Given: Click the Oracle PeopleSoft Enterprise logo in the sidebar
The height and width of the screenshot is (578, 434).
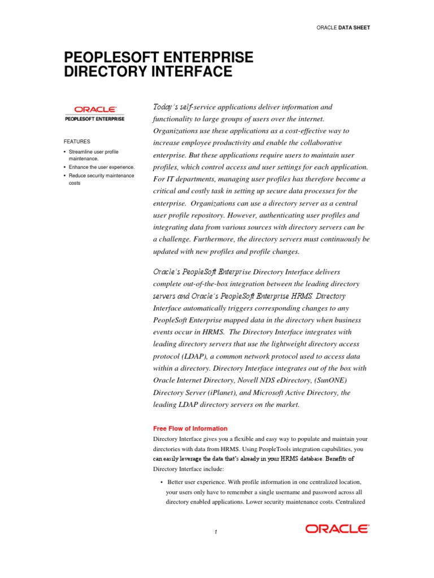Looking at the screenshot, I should (95, 113).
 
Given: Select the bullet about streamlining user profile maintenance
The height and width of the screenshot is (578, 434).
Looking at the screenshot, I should (93, 155).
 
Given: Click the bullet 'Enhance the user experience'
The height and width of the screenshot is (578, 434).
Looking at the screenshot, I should (102, 168).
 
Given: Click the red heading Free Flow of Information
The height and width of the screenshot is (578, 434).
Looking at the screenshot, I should (190, 428).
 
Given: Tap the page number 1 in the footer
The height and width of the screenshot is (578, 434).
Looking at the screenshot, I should (216, 532).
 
